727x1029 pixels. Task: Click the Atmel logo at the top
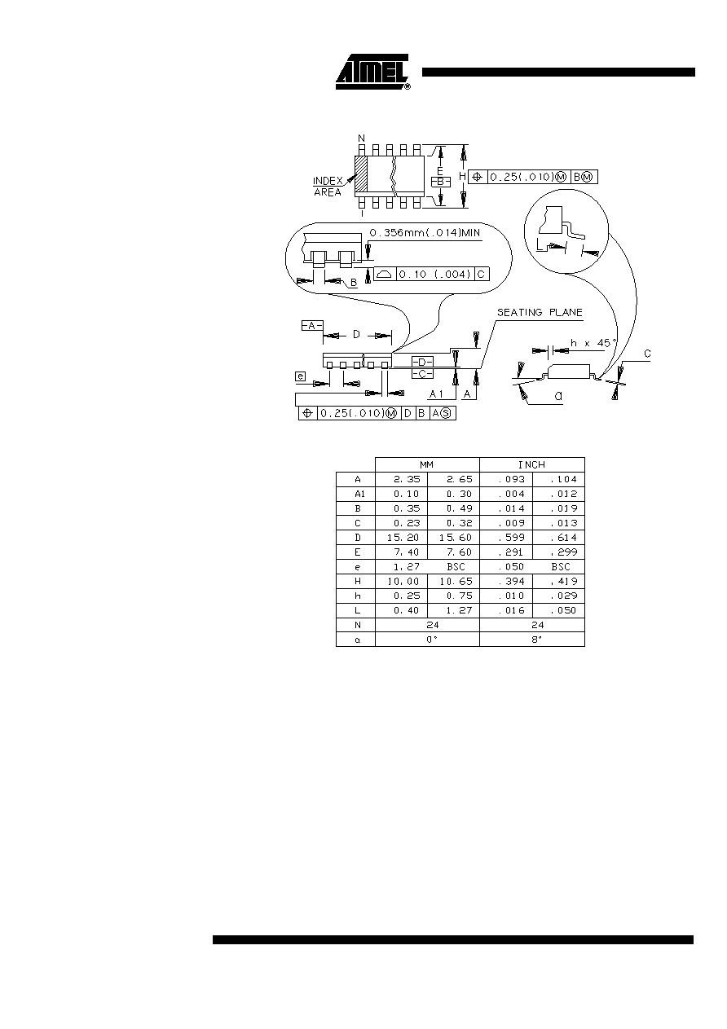coord(372,72)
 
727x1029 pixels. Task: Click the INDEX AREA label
coord(328,187)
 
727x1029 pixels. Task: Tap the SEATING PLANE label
coord(540,312)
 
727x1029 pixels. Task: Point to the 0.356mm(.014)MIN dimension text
coord(425,233)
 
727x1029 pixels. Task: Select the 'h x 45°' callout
coord(593,343)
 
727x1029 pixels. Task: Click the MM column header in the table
coord(426,465)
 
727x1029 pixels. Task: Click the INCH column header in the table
coord(531,465)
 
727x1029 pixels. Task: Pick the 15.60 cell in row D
coord(456,538)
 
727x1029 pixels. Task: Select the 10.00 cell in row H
coord(403,581)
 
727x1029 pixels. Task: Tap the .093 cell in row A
coord(512,479)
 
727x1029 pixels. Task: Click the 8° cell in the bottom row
coord(536,639)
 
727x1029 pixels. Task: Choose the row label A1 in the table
coord(359,494)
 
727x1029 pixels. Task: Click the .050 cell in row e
coord(512,566)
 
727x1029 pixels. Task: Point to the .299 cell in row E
coord(564,552)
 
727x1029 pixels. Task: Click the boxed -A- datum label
coord(312,326)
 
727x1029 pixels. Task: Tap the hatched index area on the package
coord(361,174)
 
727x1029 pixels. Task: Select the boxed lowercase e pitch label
coord(300,376)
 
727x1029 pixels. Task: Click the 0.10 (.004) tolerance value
coord(434,275)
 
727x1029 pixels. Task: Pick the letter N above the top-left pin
coord(361,139)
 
